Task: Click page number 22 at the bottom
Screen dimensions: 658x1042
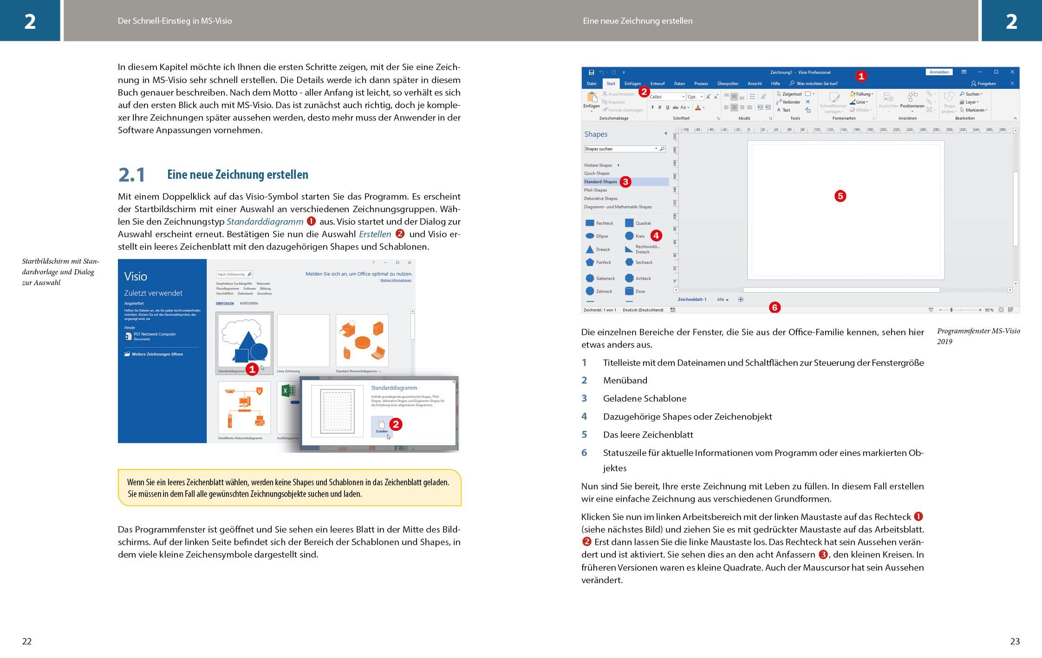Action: tap(27, 641)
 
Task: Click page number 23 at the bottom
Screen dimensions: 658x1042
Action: tap(1015, 641)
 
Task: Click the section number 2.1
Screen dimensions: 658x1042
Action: tap(132, 175)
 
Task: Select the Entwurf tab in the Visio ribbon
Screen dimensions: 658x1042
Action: tap(657, 84)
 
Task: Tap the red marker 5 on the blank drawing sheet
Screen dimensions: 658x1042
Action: tap(840, 196)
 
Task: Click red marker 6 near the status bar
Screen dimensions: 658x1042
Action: tap(775, 307)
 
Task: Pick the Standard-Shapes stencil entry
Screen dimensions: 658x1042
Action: tap(600, 182)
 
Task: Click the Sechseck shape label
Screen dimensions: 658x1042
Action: tap(644, 262)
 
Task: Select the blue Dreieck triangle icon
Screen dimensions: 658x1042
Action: tap(590, 249)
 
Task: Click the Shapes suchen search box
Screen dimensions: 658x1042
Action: tap(619, 149)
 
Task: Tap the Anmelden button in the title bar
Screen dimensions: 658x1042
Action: tap(938, 72)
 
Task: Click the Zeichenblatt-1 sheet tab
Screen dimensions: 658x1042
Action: tap(692, 300)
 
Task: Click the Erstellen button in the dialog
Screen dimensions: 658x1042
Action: tap(382, 426)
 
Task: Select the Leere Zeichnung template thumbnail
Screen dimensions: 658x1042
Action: tap(303, 340)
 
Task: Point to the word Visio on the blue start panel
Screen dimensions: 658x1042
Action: tap(136, 277)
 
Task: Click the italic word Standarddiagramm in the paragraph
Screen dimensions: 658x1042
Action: tap(265, 222)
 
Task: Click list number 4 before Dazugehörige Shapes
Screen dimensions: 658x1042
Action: tap(584, 417)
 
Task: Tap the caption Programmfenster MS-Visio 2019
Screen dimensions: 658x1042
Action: tap(978, 336)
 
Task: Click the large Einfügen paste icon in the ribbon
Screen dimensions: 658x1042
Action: tap(592, 99)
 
